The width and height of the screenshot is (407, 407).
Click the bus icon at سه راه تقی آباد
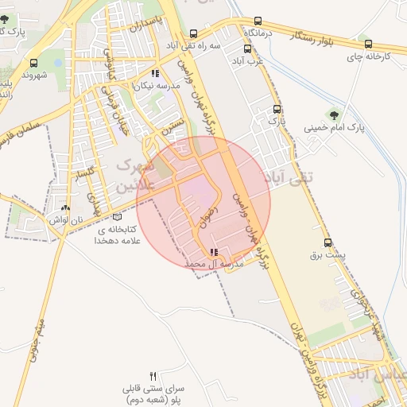[194, 34]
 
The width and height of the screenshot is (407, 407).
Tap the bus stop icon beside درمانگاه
[258, 21]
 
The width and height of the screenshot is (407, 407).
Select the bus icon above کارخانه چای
[366, 43]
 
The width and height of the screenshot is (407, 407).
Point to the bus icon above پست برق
[328, 243]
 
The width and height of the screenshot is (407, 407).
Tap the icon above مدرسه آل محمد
[211, 253]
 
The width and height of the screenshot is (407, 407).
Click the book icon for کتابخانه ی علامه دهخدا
[118, 216]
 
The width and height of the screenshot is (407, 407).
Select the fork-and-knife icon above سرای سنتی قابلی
[153, 375]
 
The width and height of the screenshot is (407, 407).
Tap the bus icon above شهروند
[33, 63]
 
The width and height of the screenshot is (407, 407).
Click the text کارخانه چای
[368, 56]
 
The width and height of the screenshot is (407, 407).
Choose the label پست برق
[328, 257]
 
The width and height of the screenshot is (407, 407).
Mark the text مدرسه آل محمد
[211, 263]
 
